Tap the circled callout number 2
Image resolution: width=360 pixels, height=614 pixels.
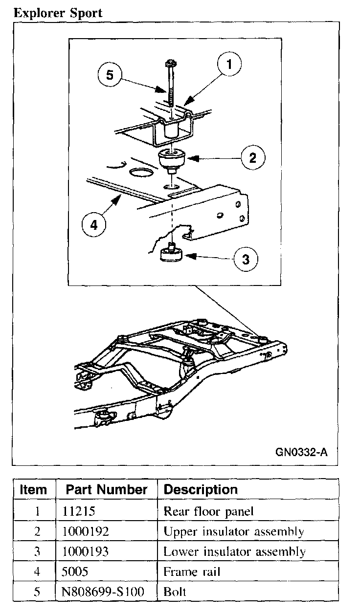point(252,157)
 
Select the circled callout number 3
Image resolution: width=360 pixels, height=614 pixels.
point(246,259)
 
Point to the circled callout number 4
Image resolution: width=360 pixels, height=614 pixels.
point(93,225)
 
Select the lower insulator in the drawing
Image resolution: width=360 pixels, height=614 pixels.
point(171,254)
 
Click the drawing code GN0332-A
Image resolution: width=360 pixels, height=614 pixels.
point(301,452)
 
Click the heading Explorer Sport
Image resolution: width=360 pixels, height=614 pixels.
point(58,13)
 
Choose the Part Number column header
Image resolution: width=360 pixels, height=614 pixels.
point(107,489)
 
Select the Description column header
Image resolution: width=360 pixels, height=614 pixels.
point(201,489)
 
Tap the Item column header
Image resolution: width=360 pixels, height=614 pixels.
point(33,490)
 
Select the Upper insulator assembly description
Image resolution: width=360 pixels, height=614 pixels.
point(234,532)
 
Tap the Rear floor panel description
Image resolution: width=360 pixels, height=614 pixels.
point(209,511)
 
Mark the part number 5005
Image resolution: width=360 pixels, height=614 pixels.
point(75,572)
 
